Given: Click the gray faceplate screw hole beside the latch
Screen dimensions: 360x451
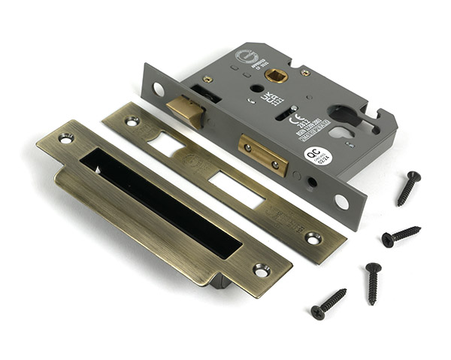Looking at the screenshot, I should [159, 89].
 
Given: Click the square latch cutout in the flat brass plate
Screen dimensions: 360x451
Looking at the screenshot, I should [166, 144].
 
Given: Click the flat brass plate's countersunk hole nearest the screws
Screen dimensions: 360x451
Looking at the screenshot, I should [313, 238].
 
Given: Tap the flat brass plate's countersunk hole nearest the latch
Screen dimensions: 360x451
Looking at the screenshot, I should [132, 120].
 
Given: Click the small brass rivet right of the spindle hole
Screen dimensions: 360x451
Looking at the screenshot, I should [304, 73].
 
